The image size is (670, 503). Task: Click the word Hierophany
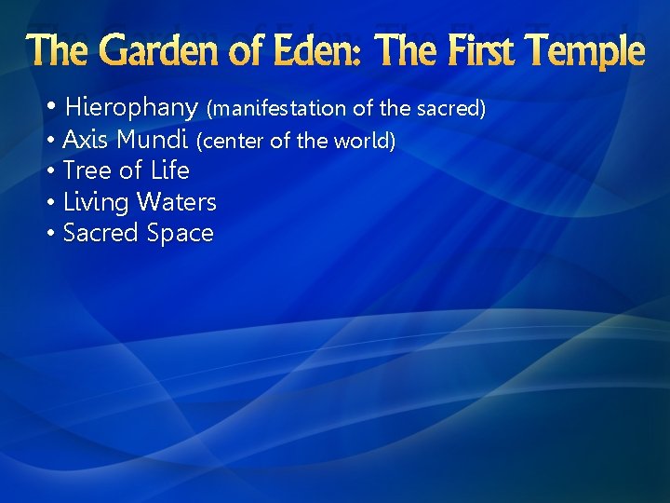(132, 108)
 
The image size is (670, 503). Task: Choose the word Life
(170, 171)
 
